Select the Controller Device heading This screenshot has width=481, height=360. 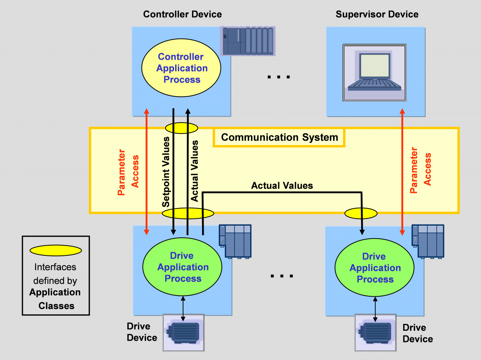pos(182,14)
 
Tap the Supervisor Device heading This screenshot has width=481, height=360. pos(377,14)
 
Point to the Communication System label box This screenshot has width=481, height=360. pos(279,138)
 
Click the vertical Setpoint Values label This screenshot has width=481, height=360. pos(166,172)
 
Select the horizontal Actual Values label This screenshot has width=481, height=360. pos(282,186)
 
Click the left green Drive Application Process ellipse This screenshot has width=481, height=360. pos(183,267)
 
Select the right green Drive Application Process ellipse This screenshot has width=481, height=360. pos(375,268)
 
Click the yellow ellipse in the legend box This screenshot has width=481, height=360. pos(55,251)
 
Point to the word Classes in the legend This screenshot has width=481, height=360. pos(56,306)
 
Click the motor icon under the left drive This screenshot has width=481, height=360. pos(183,332)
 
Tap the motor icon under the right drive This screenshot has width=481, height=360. pos(375,333)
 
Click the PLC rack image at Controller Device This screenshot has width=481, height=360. pos(248,41)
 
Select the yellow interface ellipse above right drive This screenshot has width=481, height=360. pos(361,213)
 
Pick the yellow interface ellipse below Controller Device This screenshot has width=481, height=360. pos(182,128)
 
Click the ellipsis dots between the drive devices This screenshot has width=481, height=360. pos(281,276)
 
